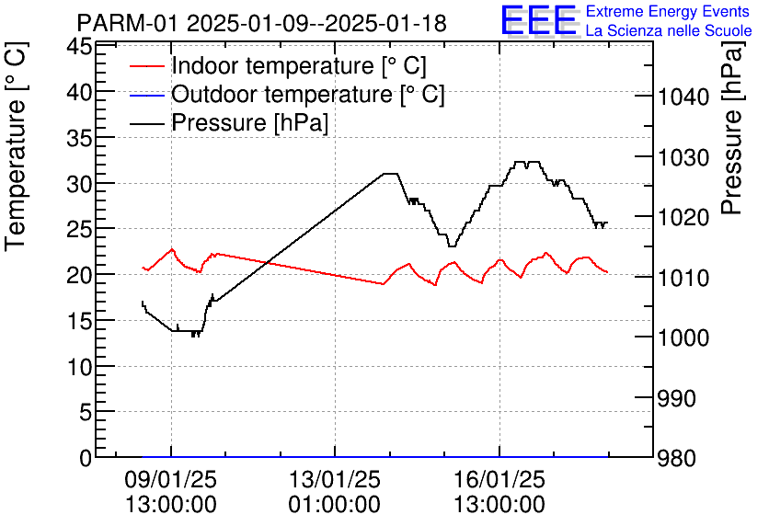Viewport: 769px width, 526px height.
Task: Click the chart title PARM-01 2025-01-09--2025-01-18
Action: [x=262, y=23]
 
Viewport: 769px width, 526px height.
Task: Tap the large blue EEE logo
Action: [x=539, y=21]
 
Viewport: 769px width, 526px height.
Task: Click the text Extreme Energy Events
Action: [x=668, y=12]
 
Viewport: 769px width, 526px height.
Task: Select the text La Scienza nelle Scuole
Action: [x=668, y=31]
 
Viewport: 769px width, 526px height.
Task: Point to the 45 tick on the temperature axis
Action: [x=80, y=47]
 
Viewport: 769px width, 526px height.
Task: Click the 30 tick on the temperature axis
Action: [x=80, y=184]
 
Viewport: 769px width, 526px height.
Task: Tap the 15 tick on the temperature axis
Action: [x=80, y=321]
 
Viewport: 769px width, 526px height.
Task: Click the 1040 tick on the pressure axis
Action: [x=683, y=97]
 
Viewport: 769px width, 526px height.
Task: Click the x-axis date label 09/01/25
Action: [x=170, y=480]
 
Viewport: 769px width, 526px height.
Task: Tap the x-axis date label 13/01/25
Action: [x=334, y=480]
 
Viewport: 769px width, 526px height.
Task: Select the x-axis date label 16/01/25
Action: [x=499, y=480]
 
